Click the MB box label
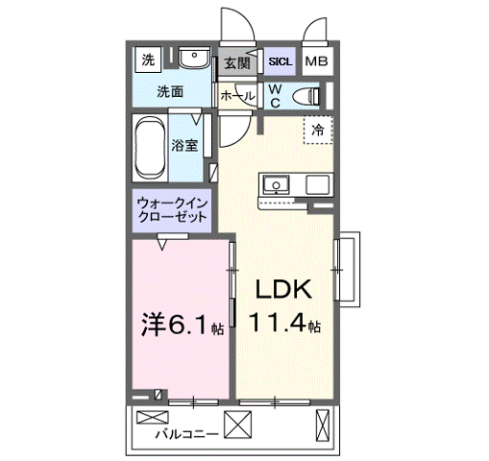(315, 61)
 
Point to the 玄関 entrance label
(236, 61)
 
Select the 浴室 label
(184, 146)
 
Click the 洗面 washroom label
(171, 93)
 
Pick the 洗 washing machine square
(148, 61)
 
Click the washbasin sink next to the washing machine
(194, 60)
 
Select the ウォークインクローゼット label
(172, 211)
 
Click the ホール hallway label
(237, 95)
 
